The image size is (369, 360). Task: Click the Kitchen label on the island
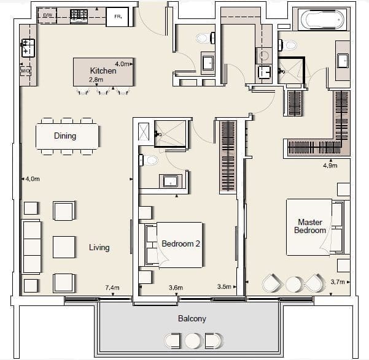point(103,71)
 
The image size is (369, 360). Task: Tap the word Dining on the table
point(65,136)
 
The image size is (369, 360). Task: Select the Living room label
point(99,247)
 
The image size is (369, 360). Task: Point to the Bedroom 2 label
point(181,243)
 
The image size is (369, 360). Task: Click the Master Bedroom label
point(310,226)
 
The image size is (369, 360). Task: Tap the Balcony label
point(192,319)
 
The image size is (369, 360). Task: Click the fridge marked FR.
point(117,17)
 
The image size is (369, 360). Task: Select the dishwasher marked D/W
point(47,15)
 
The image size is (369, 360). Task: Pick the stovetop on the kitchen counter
point(79,16)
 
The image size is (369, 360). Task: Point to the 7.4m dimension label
point(112,288)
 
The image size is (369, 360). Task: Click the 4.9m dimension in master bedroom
point(330,166)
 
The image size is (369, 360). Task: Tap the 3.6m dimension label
point(176,288)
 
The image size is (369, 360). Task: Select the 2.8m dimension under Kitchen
point(96,80)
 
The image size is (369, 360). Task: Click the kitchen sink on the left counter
point(28,48)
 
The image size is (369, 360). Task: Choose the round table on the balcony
point(193,341)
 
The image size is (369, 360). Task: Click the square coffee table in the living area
point(64,247)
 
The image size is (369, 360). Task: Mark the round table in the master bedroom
point(293,285)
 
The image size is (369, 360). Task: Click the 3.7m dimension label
point(338,281)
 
